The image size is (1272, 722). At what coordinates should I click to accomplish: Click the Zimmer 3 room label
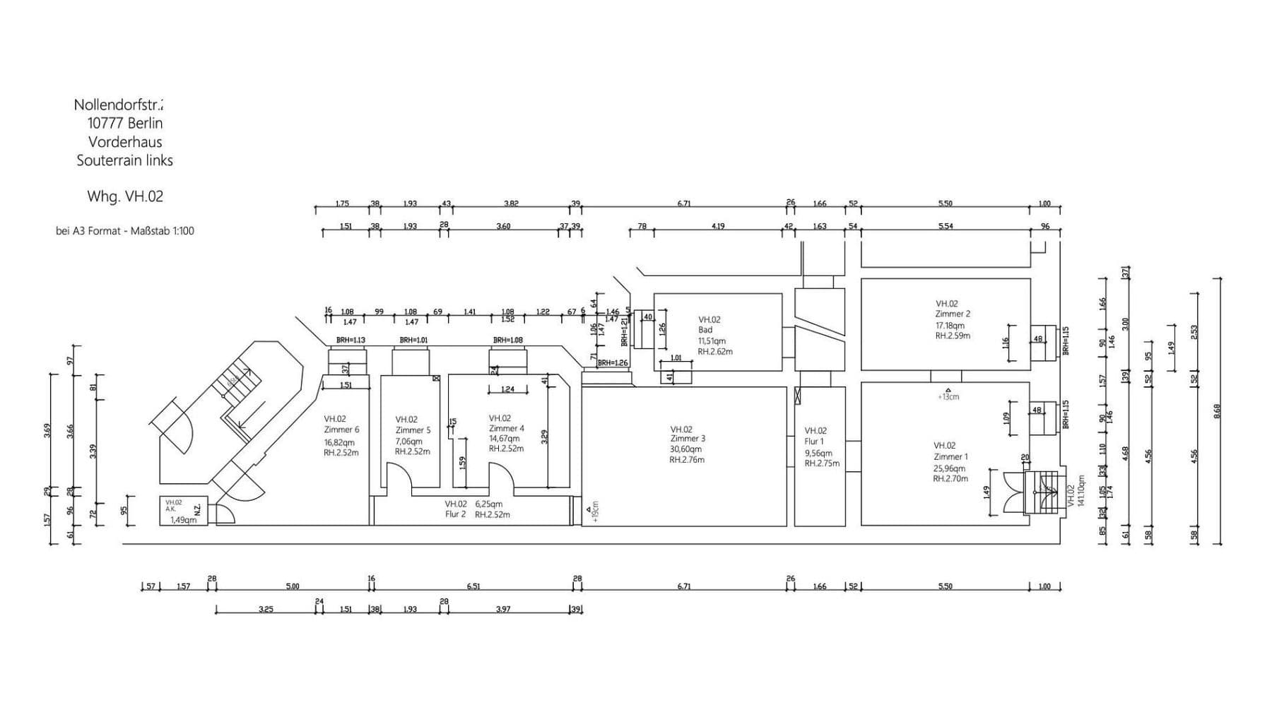[688, 439]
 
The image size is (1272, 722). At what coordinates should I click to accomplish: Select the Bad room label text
[705, 330]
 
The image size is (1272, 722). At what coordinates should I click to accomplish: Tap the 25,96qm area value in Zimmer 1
[949, 468]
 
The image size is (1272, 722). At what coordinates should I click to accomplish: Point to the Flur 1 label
[814, 442]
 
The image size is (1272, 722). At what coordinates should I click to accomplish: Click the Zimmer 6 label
[341, 430]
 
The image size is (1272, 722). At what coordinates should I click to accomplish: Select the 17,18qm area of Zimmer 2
[950, 326]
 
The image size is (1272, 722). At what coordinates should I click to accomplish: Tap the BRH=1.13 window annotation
[351, 340]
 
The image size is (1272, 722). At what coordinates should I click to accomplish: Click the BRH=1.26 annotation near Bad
[612, 363]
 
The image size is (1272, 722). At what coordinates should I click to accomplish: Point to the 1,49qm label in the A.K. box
[183, 520]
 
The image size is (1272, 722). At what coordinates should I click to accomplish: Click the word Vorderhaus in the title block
[125, 142]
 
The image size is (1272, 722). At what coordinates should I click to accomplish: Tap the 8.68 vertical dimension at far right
[1217, 410]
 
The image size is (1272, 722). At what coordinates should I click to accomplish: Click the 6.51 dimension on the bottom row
[473, 586]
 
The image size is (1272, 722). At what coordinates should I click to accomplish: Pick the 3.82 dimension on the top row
[511, 203]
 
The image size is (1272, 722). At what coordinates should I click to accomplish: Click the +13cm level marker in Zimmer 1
[948, 396]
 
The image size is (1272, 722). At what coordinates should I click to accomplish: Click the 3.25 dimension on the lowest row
[266, 609]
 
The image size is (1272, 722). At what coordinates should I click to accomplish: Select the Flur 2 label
[455, 514]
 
